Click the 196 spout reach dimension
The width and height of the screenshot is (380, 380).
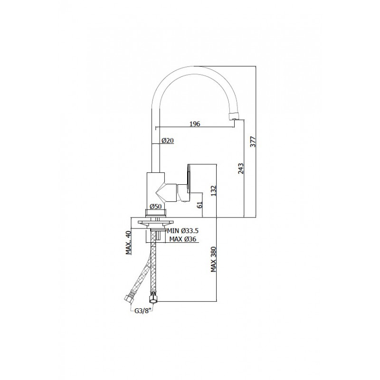coord(195,124)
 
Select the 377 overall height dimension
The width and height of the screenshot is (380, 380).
coord(253,142)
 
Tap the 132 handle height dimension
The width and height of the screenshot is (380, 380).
coord(213,191)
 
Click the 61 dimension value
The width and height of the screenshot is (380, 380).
coord(199,205)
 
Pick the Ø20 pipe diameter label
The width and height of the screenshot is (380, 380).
coord(168,141)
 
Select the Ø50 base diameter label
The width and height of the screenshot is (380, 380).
coord(156,207)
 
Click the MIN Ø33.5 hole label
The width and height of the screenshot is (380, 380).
coord(182,230)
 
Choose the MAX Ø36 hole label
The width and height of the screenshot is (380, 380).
coord(182,239)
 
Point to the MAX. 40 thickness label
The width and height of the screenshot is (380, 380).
coord(128,242)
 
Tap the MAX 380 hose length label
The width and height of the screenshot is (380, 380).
coord(213,259)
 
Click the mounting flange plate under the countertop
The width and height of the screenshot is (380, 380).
coord(156,222)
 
